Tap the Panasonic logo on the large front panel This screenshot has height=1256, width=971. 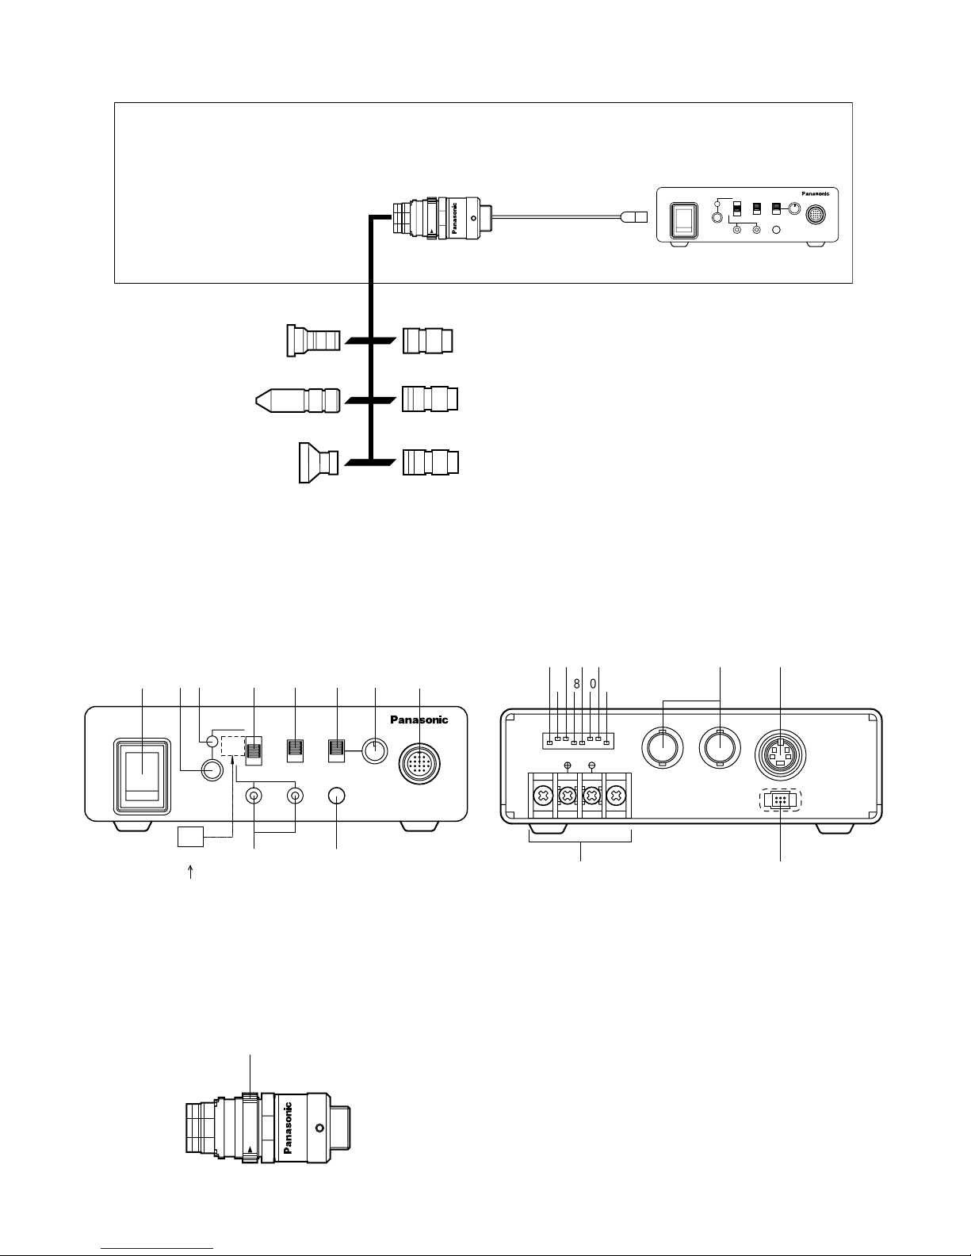coord(419,720)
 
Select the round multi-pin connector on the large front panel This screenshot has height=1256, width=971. coord(419,764)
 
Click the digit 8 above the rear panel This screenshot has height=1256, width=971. coord(576,684)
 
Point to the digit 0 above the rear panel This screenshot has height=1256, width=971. coord(592,684)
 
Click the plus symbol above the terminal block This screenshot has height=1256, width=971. coord(568,765)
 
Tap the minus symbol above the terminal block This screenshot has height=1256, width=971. coord(592,765)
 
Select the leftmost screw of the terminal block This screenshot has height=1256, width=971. coord(543,796)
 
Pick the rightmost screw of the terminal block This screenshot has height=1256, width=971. coord(617,796)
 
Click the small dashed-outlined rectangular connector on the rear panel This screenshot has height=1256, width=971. coord(780,800)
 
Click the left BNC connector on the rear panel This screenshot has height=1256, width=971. coord(663,747)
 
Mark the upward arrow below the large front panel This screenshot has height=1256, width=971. coord(190,872)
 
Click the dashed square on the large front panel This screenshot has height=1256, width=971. coord(233,746)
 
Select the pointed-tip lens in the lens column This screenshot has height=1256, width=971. coord(298,400)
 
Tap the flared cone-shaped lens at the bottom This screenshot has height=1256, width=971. coord(319,463)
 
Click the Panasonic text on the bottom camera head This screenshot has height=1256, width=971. coord(288,1128)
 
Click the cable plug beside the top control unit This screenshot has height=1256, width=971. coord(633,217)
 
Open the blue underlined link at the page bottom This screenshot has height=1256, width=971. coord(157,1249)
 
